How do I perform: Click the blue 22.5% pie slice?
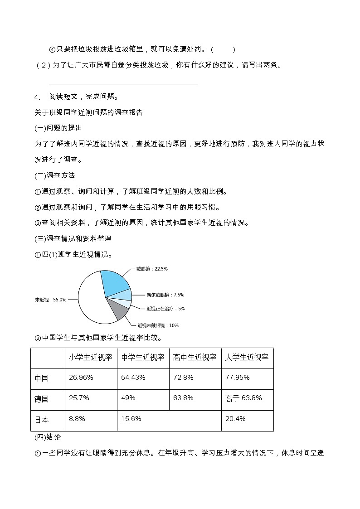115,283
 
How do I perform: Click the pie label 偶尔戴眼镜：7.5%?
165,295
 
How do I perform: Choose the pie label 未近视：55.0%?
51,300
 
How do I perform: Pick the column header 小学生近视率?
90,358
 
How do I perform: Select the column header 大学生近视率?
247,358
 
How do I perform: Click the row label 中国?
42,378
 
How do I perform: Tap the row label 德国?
42,399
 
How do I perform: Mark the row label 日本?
42,420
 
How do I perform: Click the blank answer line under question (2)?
123,83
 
